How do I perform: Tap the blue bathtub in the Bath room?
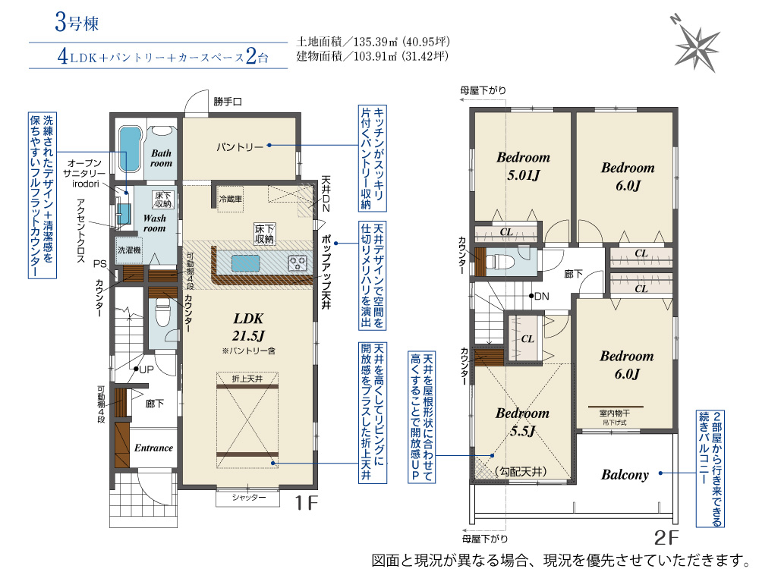tap(130, 149)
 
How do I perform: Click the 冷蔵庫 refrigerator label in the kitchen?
tap(231, 199)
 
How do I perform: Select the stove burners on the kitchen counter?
tap(298, 263)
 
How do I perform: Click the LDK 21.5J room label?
tap(248, 327)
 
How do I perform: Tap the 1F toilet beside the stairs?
tap(161, 313)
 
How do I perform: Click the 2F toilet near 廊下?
tap(497, 261)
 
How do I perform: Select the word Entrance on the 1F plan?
tap(153, 448)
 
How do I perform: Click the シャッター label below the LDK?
tap(248, 498)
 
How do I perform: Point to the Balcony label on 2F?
tap(625, 475)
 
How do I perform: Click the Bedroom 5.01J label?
tap(523, 166)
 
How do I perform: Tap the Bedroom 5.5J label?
tap(522, 422)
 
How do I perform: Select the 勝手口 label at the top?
tap(228, 102)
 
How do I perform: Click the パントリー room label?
tap(240, 146)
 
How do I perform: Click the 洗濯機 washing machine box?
tap(129, 250)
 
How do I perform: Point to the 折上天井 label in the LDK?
tap(247, 379)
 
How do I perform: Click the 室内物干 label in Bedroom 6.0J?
tap(615, 413)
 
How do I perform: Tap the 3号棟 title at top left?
tap(77, 22)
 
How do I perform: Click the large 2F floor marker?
tap(666, 537)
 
